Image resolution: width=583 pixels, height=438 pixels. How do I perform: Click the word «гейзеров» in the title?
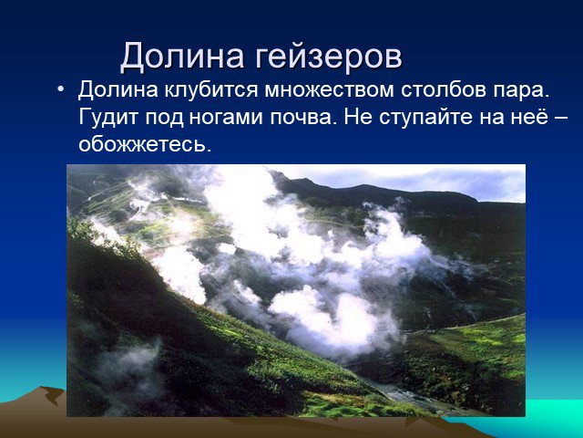pyautogui.click(x=328, y=57)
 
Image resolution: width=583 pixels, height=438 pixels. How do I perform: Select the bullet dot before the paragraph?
pyautogui.click(x=60, y=89)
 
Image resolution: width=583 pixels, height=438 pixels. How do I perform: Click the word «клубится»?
pyautogui.click(x=211, y=89)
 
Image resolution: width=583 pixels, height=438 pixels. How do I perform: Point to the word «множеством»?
pyautogui.click(x=329, y=89)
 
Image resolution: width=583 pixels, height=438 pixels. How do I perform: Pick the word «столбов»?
pyautogui.click(x=444, y=89)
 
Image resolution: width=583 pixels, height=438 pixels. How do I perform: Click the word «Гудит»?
pyautogui.click(x=108, y=118)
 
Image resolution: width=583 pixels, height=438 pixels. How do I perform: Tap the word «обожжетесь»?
pyautogui.click(x=145, y=144)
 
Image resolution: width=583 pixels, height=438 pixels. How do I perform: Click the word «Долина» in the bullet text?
pyautogui.click(x=118, y=90)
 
